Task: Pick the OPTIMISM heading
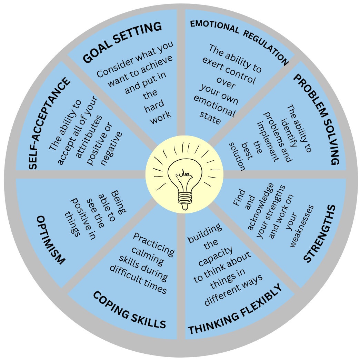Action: [50, 240]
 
